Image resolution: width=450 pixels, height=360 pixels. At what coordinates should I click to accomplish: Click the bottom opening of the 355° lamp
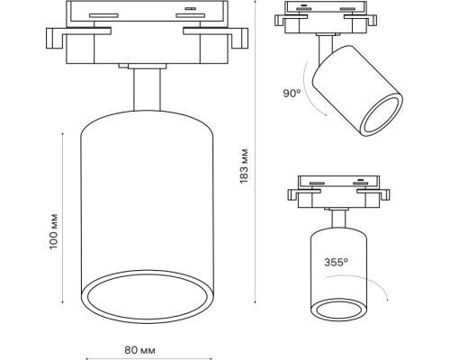[338, 311]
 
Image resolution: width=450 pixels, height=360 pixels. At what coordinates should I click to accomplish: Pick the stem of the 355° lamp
[339, 219]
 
